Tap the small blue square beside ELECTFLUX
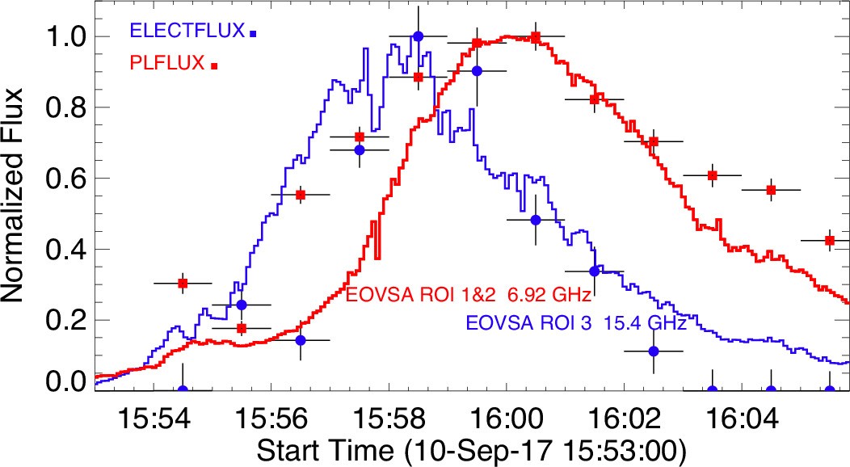(x=253, y=34)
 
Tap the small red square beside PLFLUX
(x=214, y=65)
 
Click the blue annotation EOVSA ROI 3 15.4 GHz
(x=574, y=325)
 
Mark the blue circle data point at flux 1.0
(x=418, y=36)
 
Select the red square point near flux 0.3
(x=183, y=283)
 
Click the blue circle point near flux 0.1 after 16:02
(x=654, y=351)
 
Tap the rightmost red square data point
(x=830, y=240)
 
